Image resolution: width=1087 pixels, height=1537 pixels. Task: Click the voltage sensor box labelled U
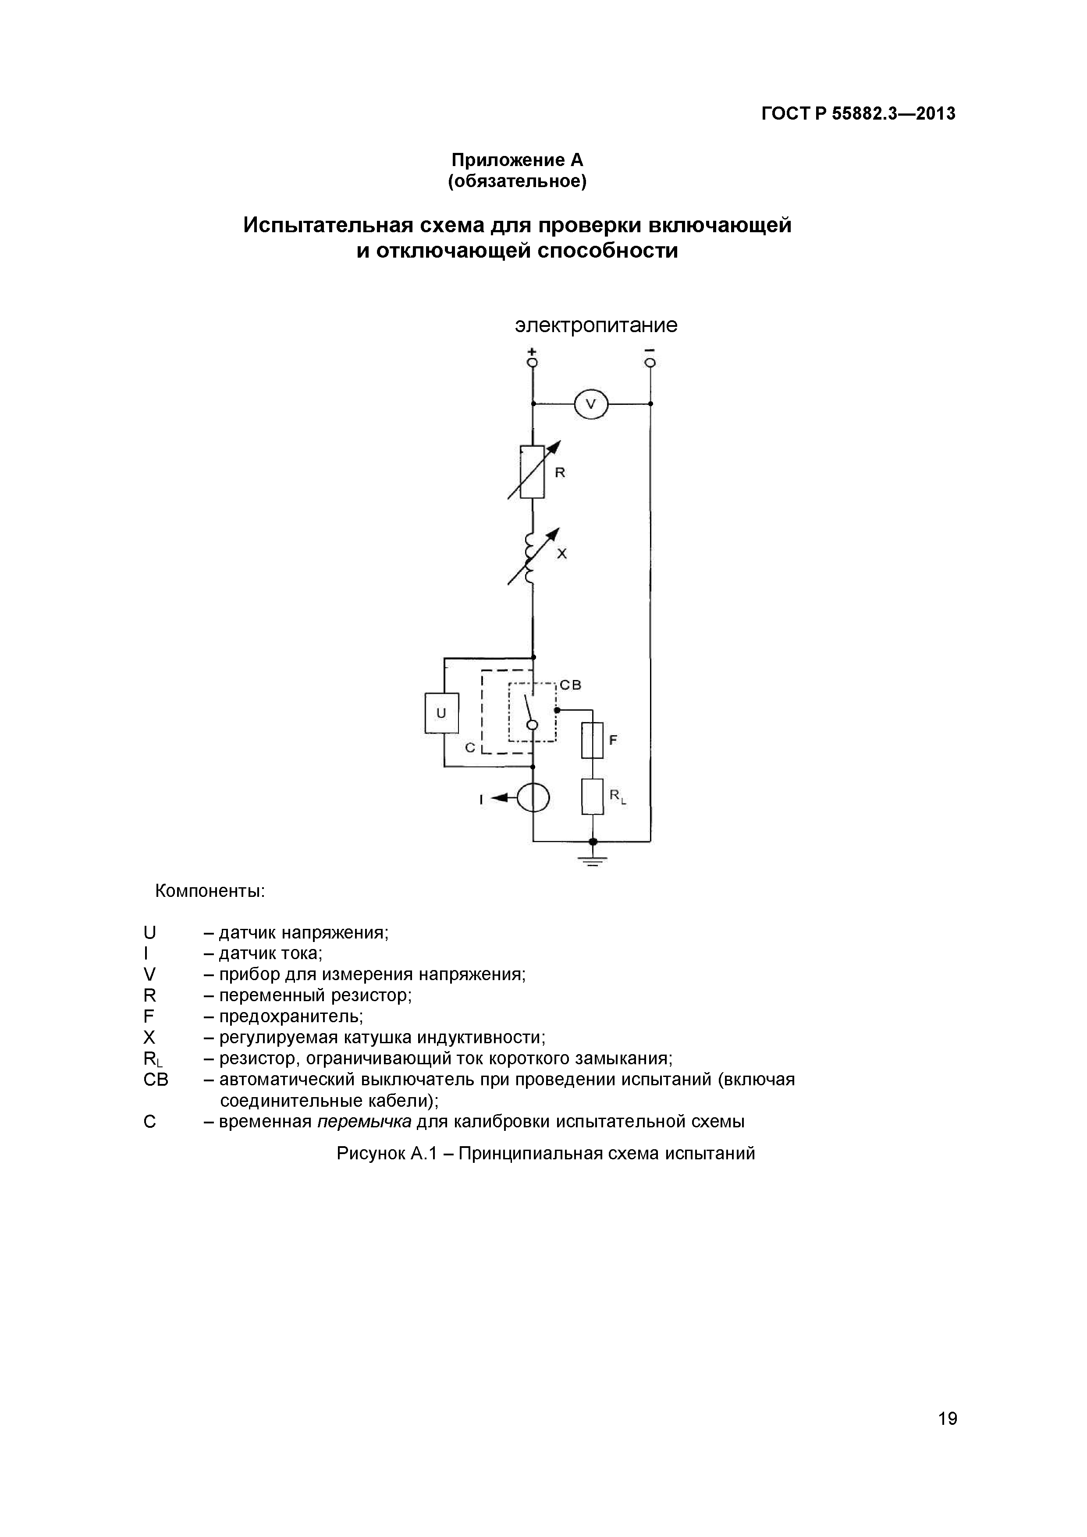441,713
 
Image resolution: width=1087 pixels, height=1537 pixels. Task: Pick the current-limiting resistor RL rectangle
592,796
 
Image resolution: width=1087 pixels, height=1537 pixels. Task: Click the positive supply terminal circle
533,362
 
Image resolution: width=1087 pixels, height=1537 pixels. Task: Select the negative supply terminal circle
650,362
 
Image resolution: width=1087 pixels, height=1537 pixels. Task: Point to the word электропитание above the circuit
596,326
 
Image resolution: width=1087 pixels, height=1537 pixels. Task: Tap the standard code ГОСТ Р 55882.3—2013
859,114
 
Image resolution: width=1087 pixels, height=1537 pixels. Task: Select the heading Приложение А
517,160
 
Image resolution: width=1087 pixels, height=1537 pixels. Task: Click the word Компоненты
210,891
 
